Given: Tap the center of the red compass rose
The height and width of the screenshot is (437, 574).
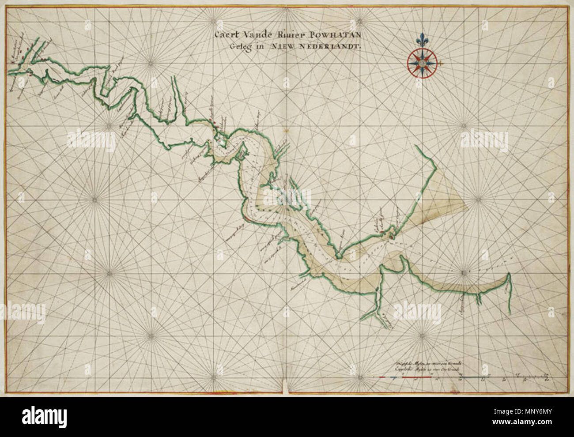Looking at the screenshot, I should pyautogui.click(x=422, y=62).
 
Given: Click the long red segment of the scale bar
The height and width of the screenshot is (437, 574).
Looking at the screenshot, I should pyautogui.click(x=415, y=377).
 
